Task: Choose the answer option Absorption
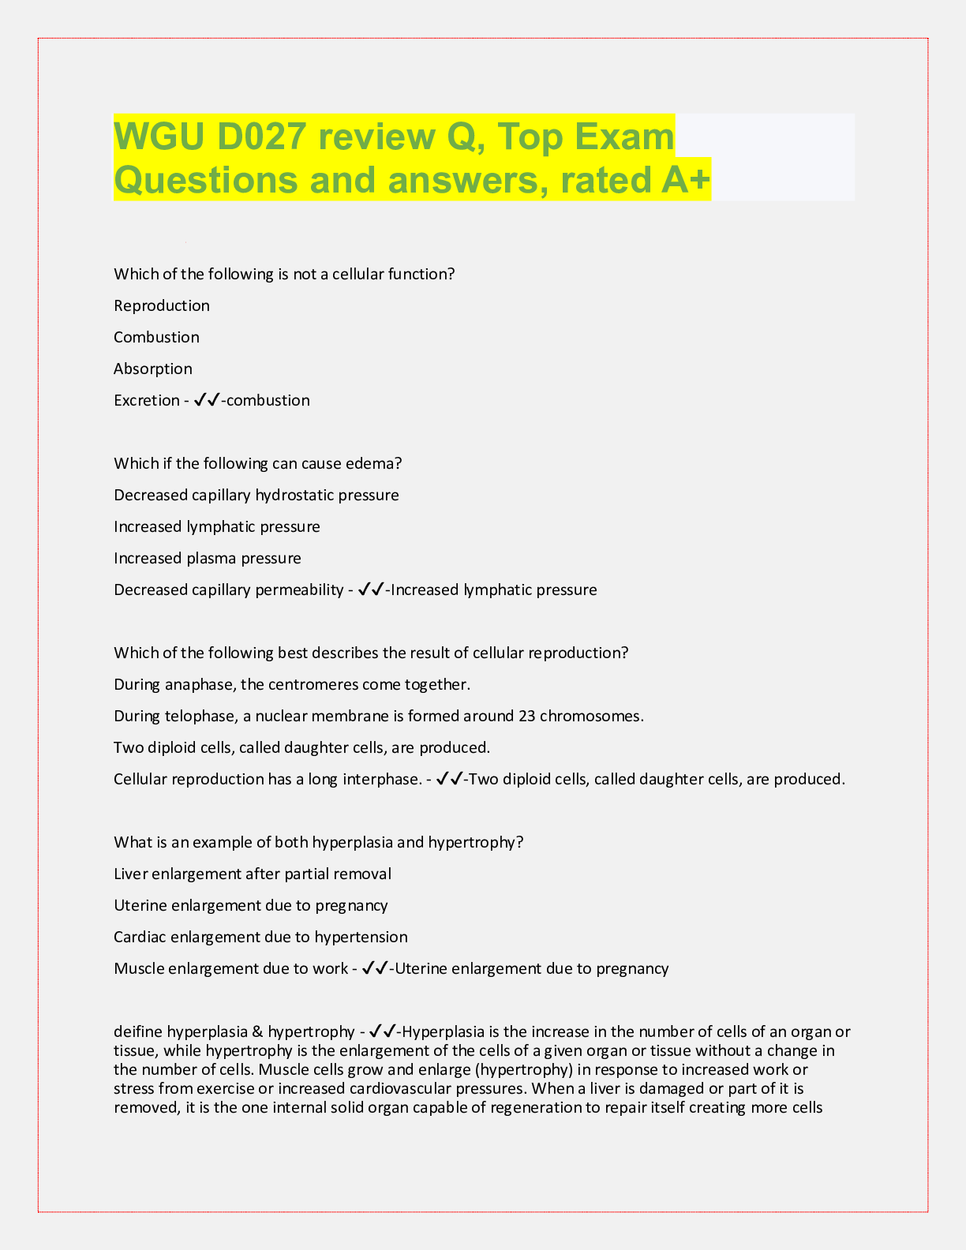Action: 153,369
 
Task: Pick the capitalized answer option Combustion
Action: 156,337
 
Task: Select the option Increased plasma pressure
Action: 208,558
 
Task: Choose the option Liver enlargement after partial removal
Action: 253,874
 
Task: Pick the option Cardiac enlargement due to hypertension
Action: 260,937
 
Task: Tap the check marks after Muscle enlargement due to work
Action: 374,968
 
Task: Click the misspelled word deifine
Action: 137,1031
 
